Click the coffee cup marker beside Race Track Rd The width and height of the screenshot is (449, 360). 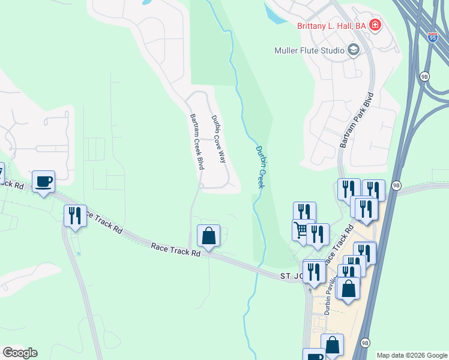pyautogui.click(x=44, y=182)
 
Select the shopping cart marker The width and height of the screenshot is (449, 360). pyautogui.click(x=301, y=230)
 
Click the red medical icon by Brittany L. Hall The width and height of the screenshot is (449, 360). pyautogui.click(x=375, y=25)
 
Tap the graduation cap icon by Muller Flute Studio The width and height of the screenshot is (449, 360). pyautogui.click(x=353, y=50)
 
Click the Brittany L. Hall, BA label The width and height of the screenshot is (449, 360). pyautogui.click(x=332, y=25)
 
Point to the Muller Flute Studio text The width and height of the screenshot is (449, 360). pyautogui.click(x=309, y=50)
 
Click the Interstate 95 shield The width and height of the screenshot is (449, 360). pyautogui.click(x=433, y=37)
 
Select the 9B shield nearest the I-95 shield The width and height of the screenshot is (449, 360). pyautogui.click(x=425, y=76)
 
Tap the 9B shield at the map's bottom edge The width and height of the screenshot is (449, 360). pyautogui.click(x=365, y=343)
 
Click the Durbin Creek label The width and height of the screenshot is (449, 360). pyautogui.click(x=261, y=167)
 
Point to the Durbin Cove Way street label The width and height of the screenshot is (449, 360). pyautogui.click(x=218, y=139)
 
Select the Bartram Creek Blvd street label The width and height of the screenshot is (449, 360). pyautogui.click(x=195, y=142)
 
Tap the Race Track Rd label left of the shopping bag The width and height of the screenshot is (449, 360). pyautogui.click(x=175, y=250)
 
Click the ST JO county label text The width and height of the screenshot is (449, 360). pyautogui.click(x=292, y=276)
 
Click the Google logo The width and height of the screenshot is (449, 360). pyautogui.click(x=20, y=353)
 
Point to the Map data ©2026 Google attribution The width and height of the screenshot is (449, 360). pyautogui.click(x=411, y=355)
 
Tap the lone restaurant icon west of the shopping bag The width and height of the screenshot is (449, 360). pyautogui.click(x=75, y=215)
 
